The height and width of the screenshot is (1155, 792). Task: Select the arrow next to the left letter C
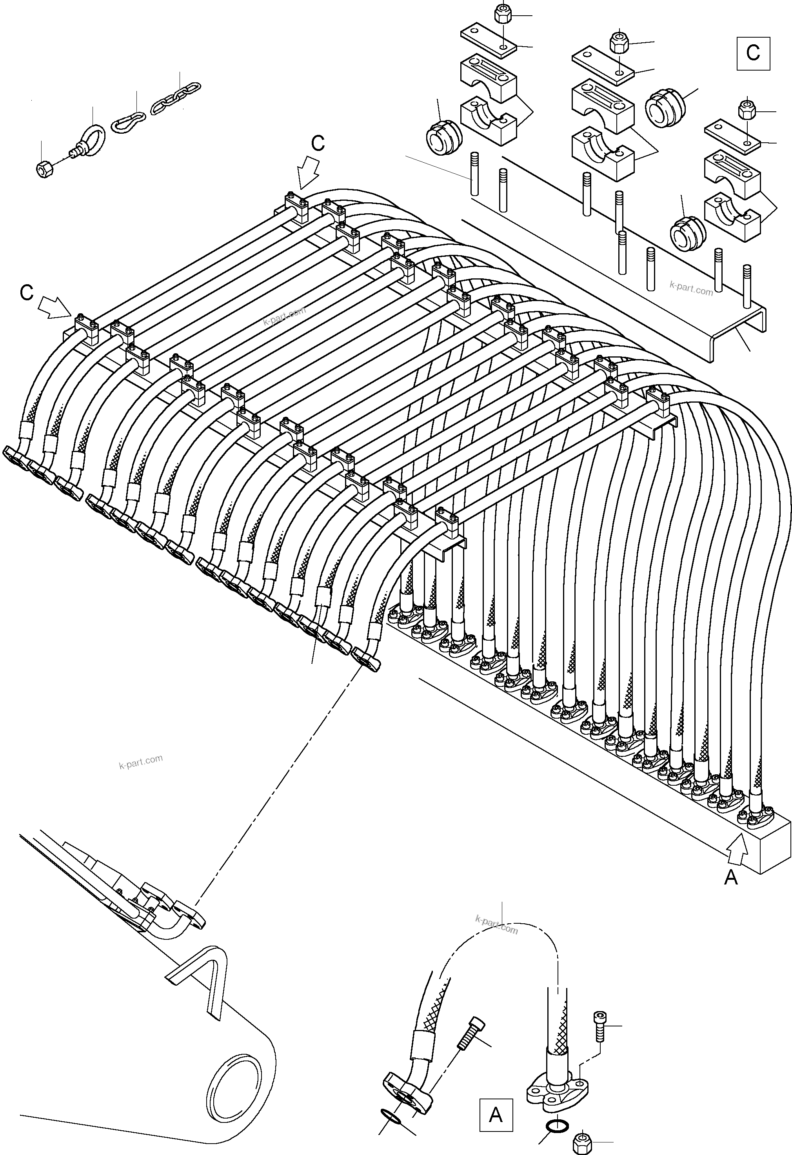[x=55, y=307]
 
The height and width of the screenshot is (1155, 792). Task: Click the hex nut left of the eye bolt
[x=45, y=169]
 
